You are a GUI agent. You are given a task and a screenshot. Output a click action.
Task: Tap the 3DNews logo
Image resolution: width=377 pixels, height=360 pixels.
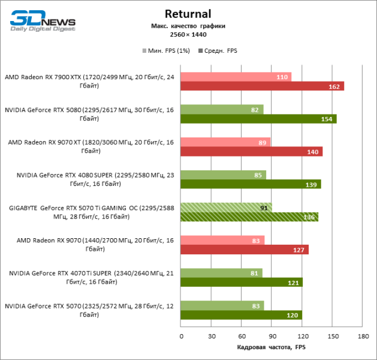pos(43,20)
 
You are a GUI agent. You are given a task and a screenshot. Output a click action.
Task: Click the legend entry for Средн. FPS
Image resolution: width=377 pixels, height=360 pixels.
pos(219,51)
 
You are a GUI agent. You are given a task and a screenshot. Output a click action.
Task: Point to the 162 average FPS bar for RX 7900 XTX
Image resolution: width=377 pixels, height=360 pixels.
pos(262,86)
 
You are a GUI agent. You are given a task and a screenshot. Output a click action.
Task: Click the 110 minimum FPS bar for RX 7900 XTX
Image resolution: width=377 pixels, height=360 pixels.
pos(236,77)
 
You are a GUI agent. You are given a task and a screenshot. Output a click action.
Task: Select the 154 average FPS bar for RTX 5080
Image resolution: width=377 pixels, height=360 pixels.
pos(258,119)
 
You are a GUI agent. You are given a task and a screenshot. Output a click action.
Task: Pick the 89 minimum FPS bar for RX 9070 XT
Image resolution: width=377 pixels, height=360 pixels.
pos(225,142)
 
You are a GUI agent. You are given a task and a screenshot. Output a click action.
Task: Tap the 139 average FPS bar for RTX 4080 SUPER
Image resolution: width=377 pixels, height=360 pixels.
pos(251,184)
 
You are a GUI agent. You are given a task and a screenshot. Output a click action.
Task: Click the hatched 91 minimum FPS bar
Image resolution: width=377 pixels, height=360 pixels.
pos(226,207)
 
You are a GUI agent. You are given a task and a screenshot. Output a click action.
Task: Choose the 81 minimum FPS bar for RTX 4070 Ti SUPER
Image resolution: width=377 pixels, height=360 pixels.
pos(221,272)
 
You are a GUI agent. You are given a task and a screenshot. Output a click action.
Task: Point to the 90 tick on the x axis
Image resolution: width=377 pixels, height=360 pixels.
pos(272,337)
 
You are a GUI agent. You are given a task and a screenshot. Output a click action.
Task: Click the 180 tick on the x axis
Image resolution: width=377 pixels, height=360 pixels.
pos(363,337)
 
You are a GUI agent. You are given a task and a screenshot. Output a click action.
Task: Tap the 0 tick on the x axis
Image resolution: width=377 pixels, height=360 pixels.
pos(181,337)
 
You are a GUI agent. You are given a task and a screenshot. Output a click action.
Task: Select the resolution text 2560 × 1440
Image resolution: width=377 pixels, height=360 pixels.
pos(189,35)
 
